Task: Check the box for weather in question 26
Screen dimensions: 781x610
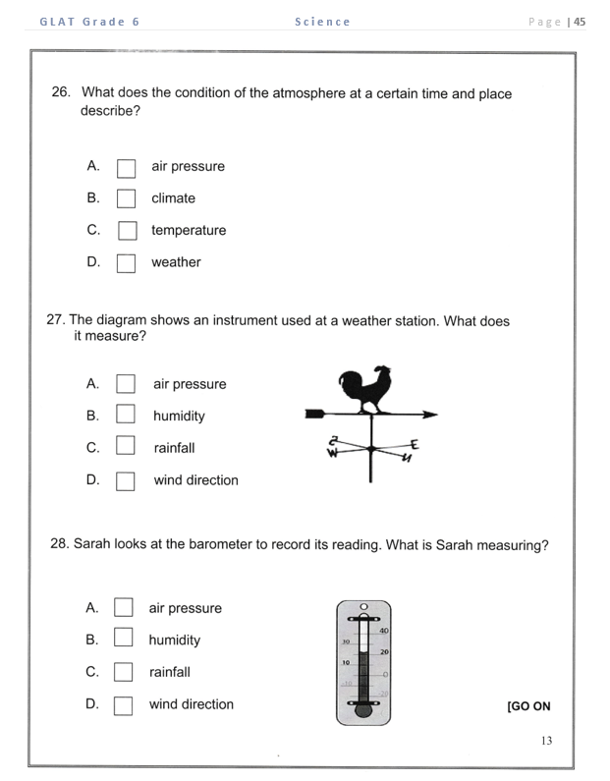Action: [x=126, y=263]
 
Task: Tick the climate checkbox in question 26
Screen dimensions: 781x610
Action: [x=126, y=198]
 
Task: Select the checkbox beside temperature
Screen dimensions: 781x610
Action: [x=127, y=231]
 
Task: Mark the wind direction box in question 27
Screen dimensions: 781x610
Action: [x=125, y=481]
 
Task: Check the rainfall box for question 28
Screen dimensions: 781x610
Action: [x=123, y=673]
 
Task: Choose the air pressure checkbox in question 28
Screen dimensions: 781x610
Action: [x=123, y=608]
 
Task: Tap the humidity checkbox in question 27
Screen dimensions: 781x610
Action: [x=125, y=416]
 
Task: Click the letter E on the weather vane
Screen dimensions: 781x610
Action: [x=415, y=443]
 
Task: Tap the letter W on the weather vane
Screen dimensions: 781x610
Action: [x=332, y=453]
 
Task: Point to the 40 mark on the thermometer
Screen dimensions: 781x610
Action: [x=383, y=631]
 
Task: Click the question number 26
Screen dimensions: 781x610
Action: [x=61, y=93]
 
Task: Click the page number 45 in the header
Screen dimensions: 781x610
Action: [x=580, y=22]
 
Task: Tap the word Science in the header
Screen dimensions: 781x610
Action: [x=322, y=22]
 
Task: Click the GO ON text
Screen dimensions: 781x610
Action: [x=528, y=706]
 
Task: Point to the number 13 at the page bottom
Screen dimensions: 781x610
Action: [x=546, y=741]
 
